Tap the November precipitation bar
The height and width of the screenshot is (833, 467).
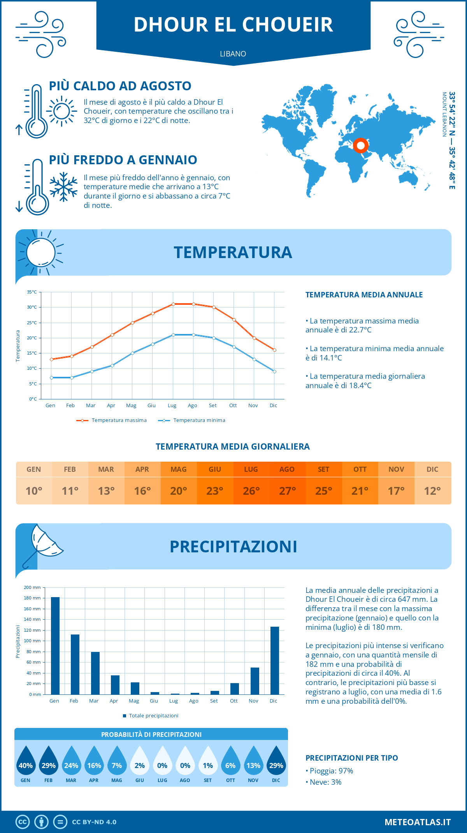(x=255, y=681)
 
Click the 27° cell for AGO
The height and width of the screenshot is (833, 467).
(x=287, y=491)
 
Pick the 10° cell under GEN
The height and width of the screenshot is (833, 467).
(x=34, y=491)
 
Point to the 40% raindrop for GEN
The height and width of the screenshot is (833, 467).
(x=26, y=761)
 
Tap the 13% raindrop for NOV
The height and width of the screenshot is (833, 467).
(x=253, y=761)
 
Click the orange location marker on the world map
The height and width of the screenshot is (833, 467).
(x=361, y=146)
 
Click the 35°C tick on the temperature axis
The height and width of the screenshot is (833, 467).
(x=32, y=292)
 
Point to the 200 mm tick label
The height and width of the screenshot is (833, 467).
(x=32, y=587)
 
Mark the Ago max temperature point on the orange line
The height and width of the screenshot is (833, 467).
(x=193, y=304)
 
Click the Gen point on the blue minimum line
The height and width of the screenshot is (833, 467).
(x=51, y=378)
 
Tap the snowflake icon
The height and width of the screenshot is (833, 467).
(x=63, y=187)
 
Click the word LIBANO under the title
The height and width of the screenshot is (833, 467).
(x=233, y=54)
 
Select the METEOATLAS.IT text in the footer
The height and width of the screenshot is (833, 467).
(x=418, y=822)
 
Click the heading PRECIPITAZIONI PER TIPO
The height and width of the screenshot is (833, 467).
(x=351, y=758)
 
